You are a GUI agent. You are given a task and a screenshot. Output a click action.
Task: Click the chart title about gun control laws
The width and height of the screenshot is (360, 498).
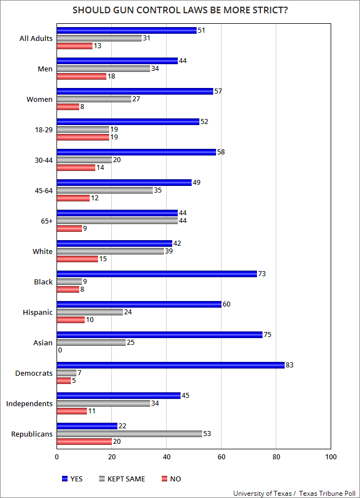tap(180, 11)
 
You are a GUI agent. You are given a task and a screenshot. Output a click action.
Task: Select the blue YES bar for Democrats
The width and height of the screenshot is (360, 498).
tap(171, 365)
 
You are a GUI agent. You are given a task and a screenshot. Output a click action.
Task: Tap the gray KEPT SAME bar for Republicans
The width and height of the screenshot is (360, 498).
tap(129, 434)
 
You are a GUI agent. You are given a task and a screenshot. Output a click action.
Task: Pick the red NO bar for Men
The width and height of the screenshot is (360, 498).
tap(81, 76)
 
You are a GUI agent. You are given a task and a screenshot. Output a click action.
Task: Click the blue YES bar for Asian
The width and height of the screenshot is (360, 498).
tap(160, 335)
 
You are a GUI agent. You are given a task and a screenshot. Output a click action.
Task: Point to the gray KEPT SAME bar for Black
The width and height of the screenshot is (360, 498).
tap(69, 282)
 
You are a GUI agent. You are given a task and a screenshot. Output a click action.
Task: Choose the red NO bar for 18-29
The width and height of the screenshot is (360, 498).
tap(83, 137)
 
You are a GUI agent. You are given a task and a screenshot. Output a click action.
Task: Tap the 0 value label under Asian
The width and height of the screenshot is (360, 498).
tap(59, 350)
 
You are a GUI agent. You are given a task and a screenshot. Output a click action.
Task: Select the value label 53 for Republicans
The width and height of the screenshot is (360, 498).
tap(208, 434)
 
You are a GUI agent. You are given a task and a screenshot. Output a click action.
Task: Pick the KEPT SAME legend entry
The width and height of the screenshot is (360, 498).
tap(121, 479)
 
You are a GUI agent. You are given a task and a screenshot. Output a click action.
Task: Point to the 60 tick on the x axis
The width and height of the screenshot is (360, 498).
tap(221, 457)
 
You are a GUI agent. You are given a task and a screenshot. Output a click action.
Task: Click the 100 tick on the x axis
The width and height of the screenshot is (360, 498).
tap(331, 457)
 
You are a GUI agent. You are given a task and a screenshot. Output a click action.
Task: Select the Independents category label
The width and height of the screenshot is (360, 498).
tap(29, 403)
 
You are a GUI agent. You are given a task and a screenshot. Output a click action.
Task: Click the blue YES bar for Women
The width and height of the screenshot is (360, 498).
tap(135, 91)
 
